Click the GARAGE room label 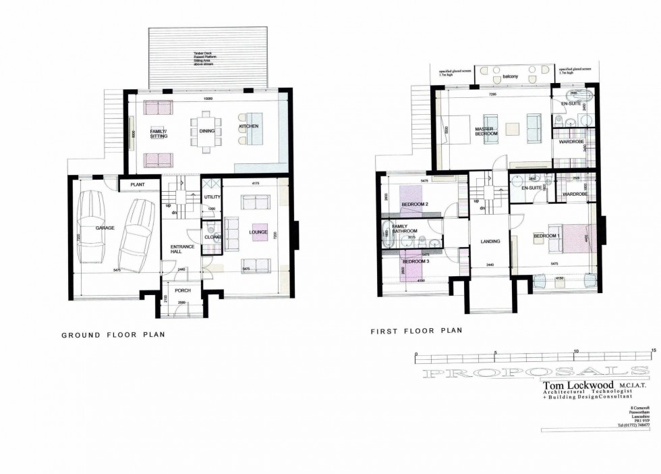104,228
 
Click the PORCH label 183,291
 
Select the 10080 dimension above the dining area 208,100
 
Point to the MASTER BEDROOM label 486,131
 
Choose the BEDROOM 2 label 415,204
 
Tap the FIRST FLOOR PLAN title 416,332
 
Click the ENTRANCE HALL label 182,249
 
